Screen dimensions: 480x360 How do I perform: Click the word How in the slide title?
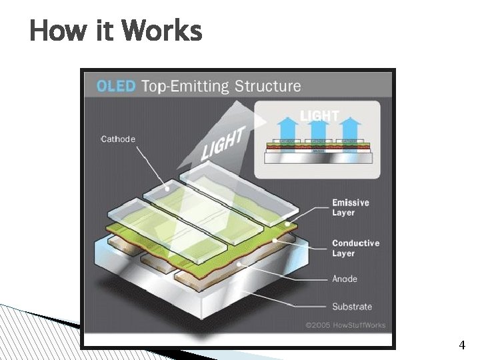coord(56,31)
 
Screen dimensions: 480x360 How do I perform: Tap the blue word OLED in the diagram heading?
coord(117,86)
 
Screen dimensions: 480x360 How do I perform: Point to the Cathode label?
coord(118,139)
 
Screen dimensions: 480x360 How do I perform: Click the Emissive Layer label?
coord(350,207)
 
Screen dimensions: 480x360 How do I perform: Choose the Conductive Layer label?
coord(355,248)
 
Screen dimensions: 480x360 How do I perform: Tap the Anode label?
coord(345,279)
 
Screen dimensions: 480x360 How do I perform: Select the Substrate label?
coord(352,307)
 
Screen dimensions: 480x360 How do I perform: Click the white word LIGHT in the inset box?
coord(319,116)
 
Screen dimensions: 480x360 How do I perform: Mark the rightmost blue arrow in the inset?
coord(349,126)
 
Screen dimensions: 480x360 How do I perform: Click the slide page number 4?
coord(462,345)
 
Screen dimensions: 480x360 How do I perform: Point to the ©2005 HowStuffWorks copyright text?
coord(345,325)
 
